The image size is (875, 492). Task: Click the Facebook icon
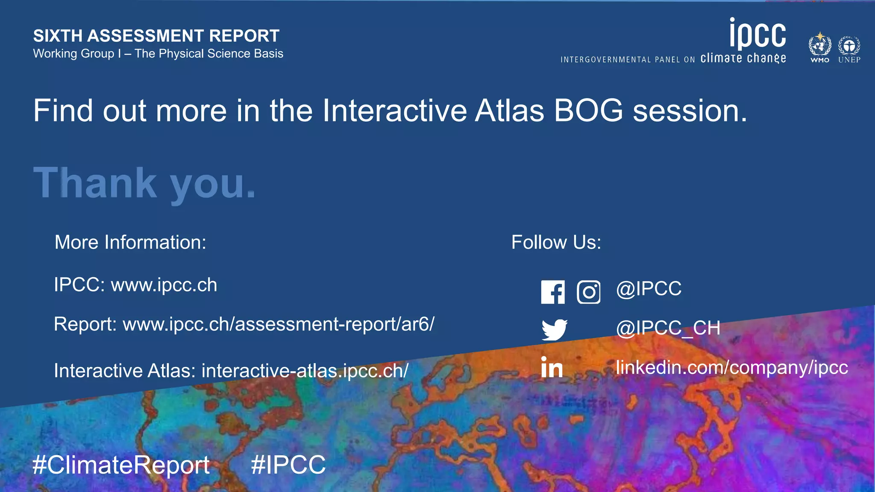[553, 292]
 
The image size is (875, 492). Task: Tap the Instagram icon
[588, 292]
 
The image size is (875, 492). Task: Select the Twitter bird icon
[554, 329]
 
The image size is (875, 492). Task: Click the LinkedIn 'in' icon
[552, 368]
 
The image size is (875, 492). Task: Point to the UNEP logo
[849, 48]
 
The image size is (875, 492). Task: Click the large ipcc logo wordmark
[758, 33]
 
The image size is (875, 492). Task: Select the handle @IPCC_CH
[668, 328]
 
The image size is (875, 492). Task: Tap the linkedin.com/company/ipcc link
[731, 367]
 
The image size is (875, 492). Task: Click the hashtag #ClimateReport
[121, 465]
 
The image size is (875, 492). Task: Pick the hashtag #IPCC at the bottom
[288, 465]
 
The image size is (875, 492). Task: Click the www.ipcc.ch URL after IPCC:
[164, 285]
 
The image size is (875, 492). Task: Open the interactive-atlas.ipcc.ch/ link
[305, 371]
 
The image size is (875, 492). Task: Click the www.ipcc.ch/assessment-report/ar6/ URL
[279, 324]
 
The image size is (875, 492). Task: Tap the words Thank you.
[144, 183]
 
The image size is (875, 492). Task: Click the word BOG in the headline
[588, 111]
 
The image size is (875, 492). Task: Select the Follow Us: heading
[556, 242]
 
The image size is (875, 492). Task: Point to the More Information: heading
[130, 242]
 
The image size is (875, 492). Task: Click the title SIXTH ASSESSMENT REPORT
[156, 36]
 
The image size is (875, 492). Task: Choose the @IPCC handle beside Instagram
[649, 289]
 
